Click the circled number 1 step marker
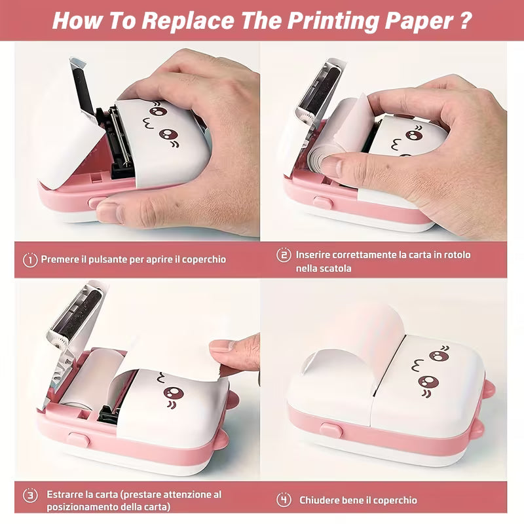[x=30, y=259]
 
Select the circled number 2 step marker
[x=284, y=255]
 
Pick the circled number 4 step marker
[x=284, y=500]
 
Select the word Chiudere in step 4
[x=321, y=500]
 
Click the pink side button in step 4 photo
[x=331, y=430]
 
